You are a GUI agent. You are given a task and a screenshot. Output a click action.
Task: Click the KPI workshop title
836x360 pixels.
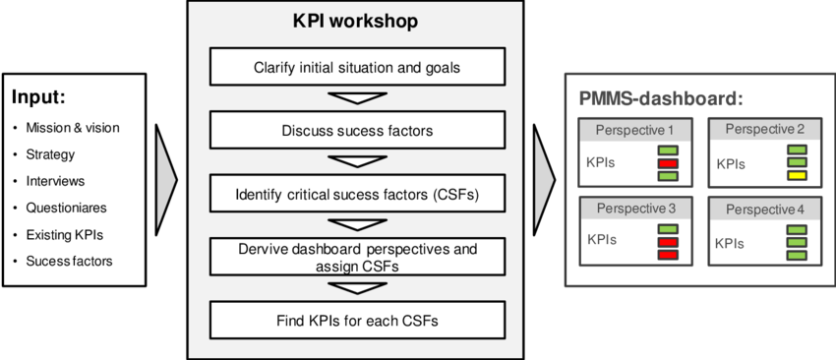tap(355, 21)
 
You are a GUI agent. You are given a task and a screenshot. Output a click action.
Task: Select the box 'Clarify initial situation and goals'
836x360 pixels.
tap(357, 68)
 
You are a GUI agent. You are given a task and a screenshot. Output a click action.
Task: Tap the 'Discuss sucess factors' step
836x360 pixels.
tap(357, 129)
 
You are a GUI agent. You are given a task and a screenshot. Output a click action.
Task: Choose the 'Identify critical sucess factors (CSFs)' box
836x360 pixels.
tap(357, 193)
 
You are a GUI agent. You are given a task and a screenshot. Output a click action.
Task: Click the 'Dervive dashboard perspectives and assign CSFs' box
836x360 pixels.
tap(357, 257)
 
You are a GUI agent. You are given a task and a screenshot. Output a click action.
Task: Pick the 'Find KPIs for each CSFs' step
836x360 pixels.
tap(357, 320)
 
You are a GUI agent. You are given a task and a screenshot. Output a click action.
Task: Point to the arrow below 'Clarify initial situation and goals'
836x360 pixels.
tap(357, 98)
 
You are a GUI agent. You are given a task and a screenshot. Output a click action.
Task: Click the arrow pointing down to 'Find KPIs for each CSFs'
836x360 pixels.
tap(357, 288)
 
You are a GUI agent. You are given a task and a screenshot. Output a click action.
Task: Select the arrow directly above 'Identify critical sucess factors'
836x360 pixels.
tap(357, 161)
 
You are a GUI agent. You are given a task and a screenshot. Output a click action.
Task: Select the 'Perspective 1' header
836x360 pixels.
tap(634, 130)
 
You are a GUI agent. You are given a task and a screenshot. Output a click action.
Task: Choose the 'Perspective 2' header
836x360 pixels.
tap(764, 130)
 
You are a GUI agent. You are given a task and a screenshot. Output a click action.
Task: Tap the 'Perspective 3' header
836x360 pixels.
tap(634, 210)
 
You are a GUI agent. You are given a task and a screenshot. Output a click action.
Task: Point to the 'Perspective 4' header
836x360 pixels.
tap(764, 210)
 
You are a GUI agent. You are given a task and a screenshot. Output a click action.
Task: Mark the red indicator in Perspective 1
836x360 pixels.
tap(669, 163)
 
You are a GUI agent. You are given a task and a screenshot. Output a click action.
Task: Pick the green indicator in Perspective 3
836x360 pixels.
tap(669, 228)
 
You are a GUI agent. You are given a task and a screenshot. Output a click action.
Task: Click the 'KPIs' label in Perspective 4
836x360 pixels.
tap(730, 244)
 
